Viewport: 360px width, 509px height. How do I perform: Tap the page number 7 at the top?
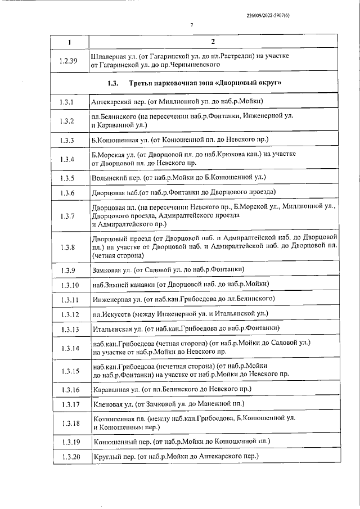point(192,25)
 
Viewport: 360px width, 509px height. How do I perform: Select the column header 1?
point(70,43)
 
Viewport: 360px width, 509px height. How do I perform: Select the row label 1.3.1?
point(70,102)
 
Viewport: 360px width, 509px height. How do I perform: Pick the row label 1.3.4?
point(70,159)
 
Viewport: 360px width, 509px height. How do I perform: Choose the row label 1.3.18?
point(70,423)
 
